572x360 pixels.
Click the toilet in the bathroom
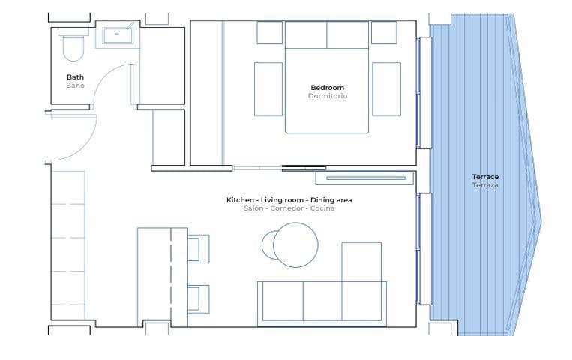(73, 46)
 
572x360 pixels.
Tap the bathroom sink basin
(117, 34)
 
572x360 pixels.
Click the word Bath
(75, 77)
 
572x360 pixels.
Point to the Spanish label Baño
(75, 85)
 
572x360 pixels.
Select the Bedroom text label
(327, 88)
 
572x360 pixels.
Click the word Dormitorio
(327, 96)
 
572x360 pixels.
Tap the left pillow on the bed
(306, 34)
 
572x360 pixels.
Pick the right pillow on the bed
(347, 34)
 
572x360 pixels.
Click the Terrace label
(485, 177)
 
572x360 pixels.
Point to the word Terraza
(485, 185)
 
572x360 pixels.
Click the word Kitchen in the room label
(240, 200)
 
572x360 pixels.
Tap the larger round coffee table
(295, 245)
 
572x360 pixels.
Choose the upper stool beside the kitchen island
(199, 248)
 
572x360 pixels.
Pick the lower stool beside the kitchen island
(199, 298)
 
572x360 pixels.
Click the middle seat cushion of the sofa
(322, 301)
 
